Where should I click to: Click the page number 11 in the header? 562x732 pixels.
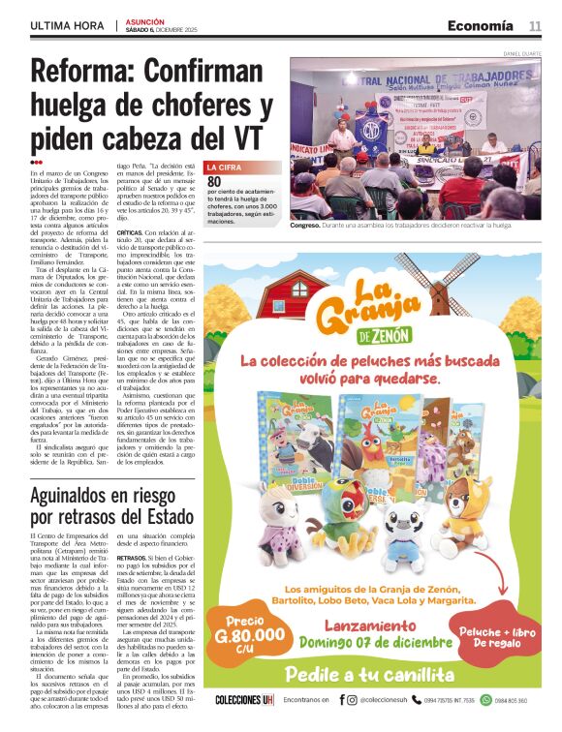coord(535,25)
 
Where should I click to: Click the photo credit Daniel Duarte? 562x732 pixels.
coord(521,52)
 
